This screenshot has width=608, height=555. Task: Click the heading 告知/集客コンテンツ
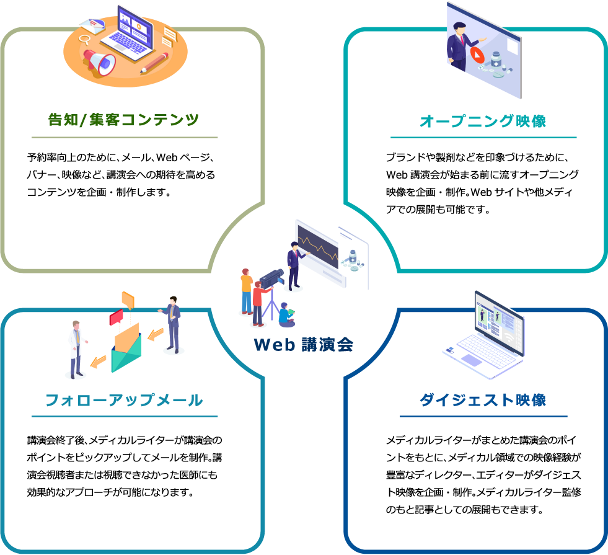[123, 120]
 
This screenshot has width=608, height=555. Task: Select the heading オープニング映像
[483, 121]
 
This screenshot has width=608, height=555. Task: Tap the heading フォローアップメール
[124, 400]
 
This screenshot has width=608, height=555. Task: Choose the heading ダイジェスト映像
[483, 400]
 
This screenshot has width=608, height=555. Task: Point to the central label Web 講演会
[304, 344]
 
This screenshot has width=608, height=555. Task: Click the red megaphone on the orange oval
[99, 62]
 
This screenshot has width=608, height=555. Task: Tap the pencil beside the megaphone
[154, 63]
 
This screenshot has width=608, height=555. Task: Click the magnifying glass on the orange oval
[84, 40]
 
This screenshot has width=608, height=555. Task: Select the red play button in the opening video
[477, 55]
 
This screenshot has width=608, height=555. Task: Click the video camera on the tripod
[271, 278]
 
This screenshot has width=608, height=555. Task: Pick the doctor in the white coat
[77, 349]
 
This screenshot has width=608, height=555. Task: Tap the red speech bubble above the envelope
[117, 317]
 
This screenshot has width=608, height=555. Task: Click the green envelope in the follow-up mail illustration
[126, 353]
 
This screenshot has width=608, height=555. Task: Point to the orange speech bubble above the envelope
[128, 300]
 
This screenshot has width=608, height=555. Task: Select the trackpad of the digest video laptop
[471, 360]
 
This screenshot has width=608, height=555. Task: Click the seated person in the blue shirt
[286, 314]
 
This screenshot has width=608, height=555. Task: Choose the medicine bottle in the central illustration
[353, 257]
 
